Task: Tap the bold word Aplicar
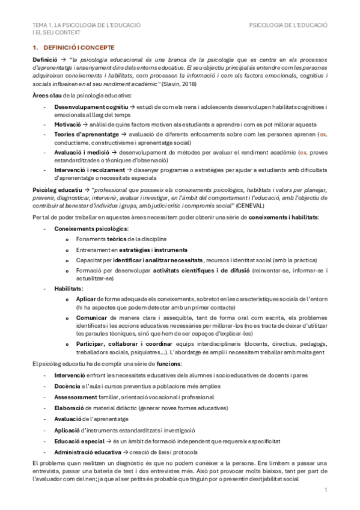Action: pyautogui.click(x=87, y=299)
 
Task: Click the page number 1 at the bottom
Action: pyautogui.click(x=325, y=491)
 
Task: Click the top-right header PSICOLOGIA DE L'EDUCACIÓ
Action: pyautogui.click(x=288, y=26)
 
